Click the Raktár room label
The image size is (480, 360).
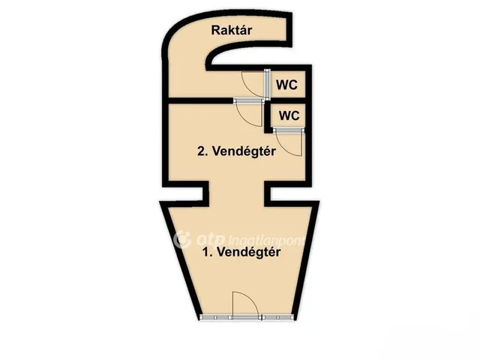point(232,30)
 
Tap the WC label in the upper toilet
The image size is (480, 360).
point(286,85)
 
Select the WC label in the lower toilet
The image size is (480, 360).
point(289,115)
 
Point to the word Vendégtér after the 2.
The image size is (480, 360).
point(244,151)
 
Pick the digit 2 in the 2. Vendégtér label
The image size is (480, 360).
point(202,151)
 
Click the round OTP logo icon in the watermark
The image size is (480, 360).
point(182,239)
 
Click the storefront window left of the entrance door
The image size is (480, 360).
point(217,317)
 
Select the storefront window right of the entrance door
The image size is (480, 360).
point(277,317)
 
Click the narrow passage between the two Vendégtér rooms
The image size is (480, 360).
point(237,193)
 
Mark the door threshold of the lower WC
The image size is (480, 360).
point(289,130)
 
